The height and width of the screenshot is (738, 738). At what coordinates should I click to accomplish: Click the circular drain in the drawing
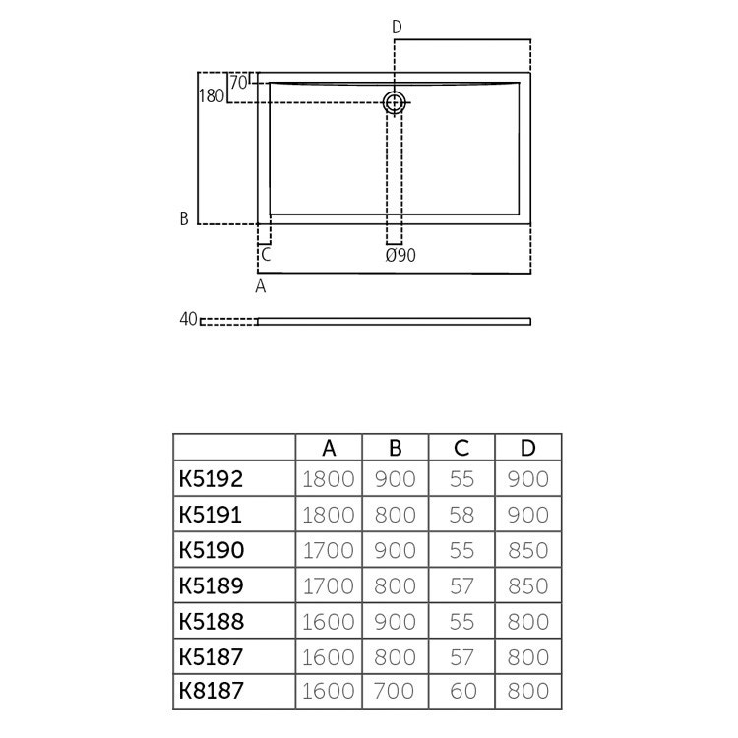(x=395, y=101)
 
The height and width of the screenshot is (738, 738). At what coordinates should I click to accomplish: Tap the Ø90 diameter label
(x=400, y=256)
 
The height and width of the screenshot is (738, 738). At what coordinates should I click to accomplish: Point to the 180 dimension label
(x=211, y=96)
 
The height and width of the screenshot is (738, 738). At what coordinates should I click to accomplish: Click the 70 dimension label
(x=238, y=84)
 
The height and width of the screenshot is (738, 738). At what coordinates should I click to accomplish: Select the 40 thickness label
(x=188, y=320)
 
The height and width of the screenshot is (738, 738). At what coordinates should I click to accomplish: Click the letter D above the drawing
(x=397, y=27)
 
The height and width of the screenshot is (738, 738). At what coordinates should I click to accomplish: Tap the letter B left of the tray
(x=184, y=218)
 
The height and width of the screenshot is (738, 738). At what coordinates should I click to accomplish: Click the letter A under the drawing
(x=261, y=286)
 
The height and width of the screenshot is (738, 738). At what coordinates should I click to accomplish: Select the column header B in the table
(x=396, y=448)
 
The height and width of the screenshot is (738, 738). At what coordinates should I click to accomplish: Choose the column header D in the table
(x=528, y=448)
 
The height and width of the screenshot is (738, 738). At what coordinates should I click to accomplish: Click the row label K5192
(x=211, y=479)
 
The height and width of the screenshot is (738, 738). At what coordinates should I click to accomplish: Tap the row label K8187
(x=211, y=692)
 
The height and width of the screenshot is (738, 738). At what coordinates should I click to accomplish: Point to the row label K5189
(x=211, y=585)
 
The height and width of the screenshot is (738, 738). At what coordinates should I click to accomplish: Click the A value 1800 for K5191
(x=330, y=515)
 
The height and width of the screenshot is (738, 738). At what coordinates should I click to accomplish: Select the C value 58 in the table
(x=461, y=515)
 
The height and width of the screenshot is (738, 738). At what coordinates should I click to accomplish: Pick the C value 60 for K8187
(x=461, y=692)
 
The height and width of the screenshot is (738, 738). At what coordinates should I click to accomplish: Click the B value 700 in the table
(x=396, y=692)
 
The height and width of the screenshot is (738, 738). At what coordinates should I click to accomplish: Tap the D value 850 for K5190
(x=528, y=550)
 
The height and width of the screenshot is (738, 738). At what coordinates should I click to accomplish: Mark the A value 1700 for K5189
(x=330, y=585)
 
